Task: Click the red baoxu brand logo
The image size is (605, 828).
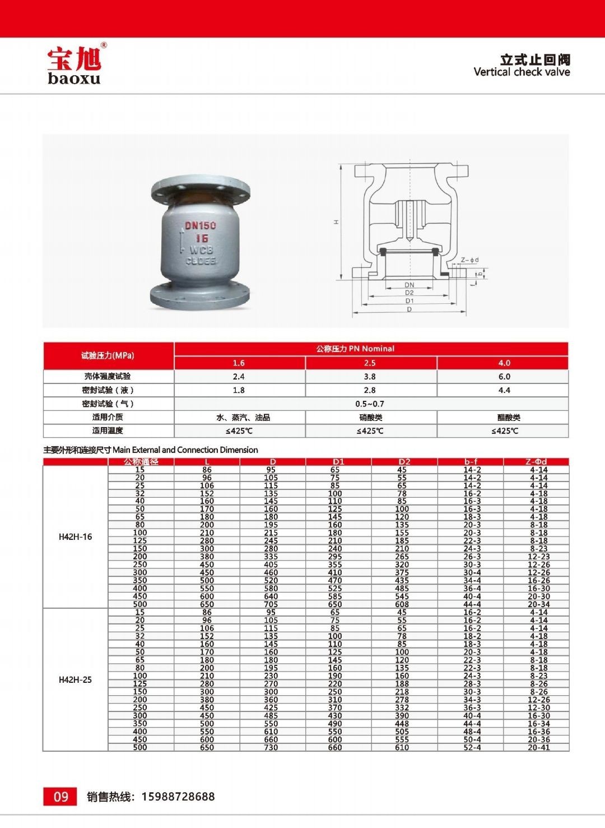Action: (74, 64)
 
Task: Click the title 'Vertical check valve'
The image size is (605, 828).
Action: (522, 72)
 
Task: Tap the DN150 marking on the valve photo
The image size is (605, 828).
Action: (201, 225)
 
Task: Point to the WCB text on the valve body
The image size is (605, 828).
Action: (201, 250)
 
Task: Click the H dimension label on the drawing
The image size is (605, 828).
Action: (337, 222)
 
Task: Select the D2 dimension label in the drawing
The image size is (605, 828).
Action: (409, 293)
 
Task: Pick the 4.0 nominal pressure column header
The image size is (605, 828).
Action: (504, 363)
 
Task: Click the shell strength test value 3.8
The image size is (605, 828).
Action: (370, 377)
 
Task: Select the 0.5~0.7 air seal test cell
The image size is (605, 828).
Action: (370, 404)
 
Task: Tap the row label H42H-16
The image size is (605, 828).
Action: (75, 536)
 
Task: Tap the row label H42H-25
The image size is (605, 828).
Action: (75, 680)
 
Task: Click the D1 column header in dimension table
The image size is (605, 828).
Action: (338, 462)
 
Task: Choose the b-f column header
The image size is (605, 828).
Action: (471, 462)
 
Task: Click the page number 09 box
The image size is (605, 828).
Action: (61, 796)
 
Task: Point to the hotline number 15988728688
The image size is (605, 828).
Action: (178, 797)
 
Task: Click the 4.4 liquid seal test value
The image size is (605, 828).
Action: (504, 390)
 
